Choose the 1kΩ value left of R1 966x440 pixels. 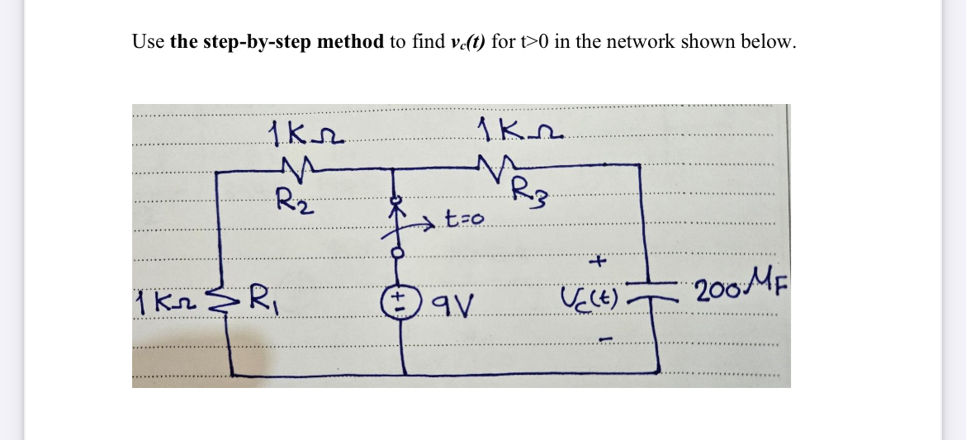[163, 297]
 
